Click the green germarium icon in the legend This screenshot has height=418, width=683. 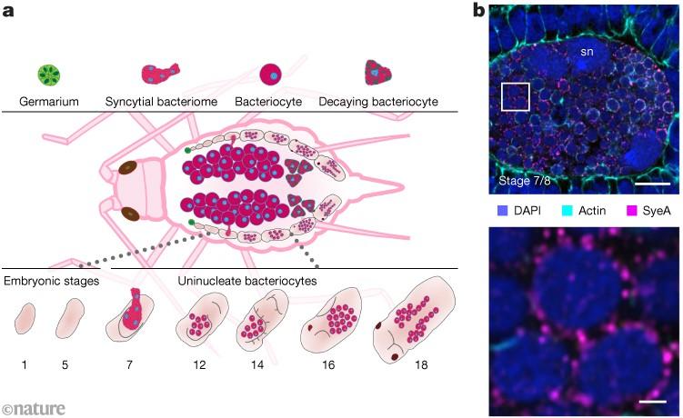pyautogui.click(x=49, y=75)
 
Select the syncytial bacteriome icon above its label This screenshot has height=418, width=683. pyautogui.click(x=161, y=73)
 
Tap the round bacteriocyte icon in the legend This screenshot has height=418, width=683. pyautogui.click(x=270, y=75)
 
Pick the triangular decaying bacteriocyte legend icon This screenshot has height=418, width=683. pyautogui.click(x=377, y=73)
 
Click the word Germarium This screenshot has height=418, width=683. pyautogui.click(x=49, y=102)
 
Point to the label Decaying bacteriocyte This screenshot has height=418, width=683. pyautogui.click(x=378, y=102)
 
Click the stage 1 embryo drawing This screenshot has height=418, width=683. pyautogui.click(x=25, y=319)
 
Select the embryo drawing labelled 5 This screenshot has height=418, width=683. pyautogui.click(x=70, y=318)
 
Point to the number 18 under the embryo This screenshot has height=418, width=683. pyautogui.click(x=421, y=365)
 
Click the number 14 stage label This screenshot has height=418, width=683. pyautogui.click(x=257, y=365)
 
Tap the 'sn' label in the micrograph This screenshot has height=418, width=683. pyautogui.click(x=587, y=52)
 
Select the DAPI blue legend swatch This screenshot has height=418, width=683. pyautogui.click(x=502, y=211)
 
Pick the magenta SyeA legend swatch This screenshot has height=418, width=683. pyautogui.click(x=631, y=211)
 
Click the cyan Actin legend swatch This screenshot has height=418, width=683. pyautogui.click(x=567, y=211)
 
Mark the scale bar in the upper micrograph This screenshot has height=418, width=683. pyautogui.click(x=652, y=184)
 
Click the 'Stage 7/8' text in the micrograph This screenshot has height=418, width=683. pyautogui.click(x=525, y=180)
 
